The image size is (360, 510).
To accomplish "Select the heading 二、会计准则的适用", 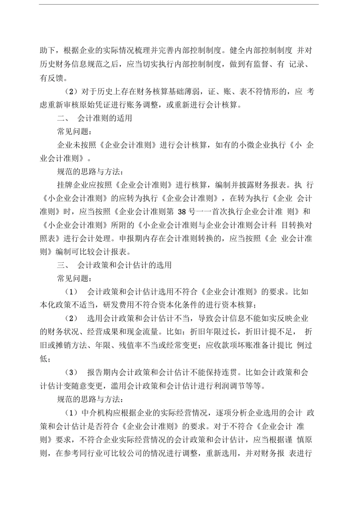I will [94, 118].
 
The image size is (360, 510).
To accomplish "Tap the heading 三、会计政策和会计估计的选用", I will [114, 265].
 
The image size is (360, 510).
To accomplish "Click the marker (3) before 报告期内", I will [72, 372].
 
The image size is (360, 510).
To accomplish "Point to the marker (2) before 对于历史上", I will [72, 91].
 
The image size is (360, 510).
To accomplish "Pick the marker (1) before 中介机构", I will [72, 413].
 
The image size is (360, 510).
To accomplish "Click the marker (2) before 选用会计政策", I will [72, 319].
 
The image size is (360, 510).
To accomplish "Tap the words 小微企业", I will [250, 145].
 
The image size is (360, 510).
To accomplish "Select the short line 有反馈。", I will [54, 78].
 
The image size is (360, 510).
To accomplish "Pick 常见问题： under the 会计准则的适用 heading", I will [74, 132].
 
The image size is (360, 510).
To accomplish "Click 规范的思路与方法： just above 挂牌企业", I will [89, 171].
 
